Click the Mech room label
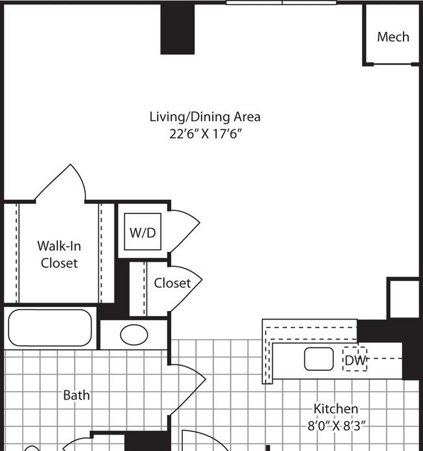(x=393, y=37)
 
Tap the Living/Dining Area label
(x=205, y=116)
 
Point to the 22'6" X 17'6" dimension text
(x=205, y=134)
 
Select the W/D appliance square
(x=143, y=232)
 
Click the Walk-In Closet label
(x=59, y=254)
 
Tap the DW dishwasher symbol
(x=355, y=359)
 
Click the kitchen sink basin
(x=319, y=359)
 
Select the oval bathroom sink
(x=134, y=335)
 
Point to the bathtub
(x=50, y=328)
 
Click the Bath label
(x=77, y=395)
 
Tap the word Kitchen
(x=336, y=409)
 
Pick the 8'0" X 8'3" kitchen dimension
(x=336, y=426)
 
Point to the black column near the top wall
(x=178, y=29)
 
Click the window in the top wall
(x=281, y=3)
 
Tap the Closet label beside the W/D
(x=172, y=283)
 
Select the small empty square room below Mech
(x=404, y=299)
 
